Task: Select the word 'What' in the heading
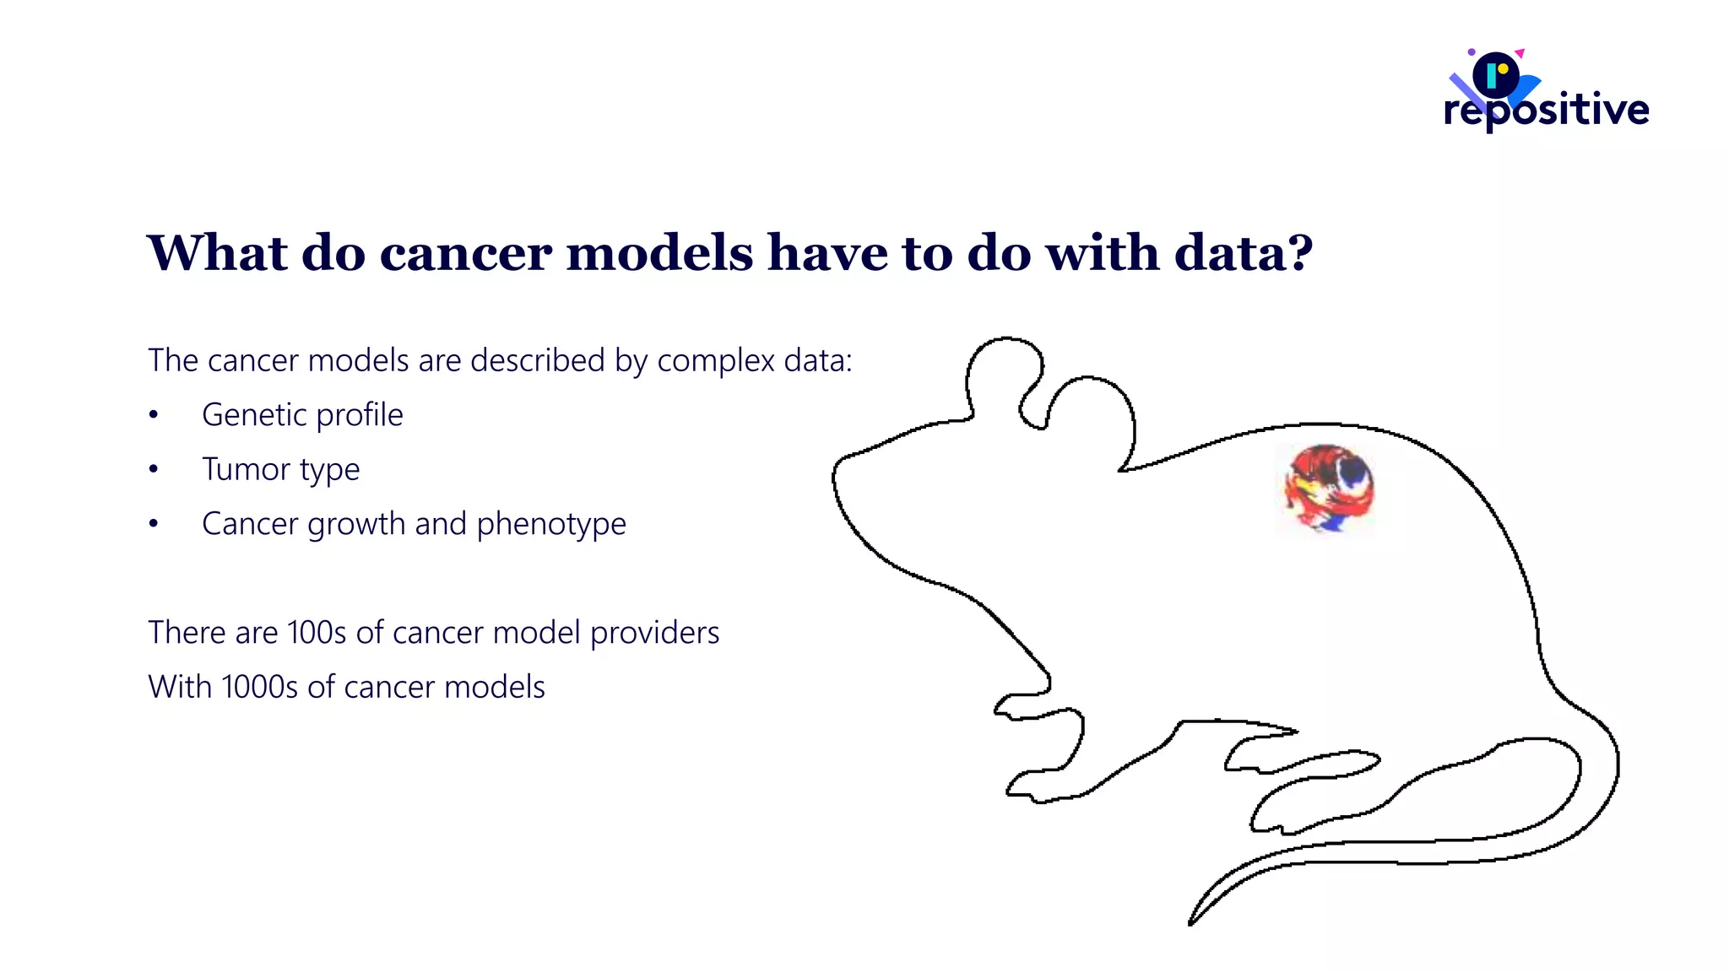coord(218,253)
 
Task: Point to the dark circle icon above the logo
coord(1496,75)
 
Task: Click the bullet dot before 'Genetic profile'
coord(154,415)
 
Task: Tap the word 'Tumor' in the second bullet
coord(246,469)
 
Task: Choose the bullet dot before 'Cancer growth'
coord(154,524)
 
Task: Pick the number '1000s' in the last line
coord(260,687)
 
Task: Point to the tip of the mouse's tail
coord(1191,922)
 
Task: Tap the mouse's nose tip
coord(836,472)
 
